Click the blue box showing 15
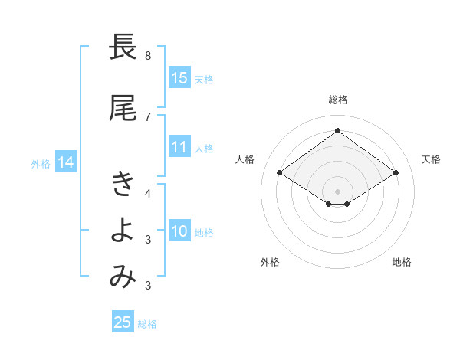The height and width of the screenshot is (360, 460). (179, 78)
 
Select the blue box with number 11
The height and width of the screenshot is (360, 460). (179, 147)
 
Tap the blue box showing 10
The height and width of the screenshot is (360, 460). (179, 232)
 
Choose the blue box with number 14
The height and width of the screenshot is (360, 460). (66, 162)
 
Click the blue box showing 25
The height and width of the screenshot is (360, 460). (123, 322)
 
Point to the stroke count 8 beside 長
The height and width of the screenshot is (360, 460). (147, 56)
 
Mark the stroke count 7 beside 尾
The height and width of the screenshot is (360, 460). (147, 116)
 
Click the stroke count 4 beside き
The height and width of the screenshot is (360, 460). (147, 192)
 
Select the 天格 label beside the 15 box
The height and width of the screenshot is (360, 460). (204, 79)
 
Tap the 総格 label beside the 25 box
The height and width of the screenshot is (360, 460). (147, 324)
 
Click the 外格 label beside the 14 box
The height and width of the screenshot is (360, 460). (41, 163)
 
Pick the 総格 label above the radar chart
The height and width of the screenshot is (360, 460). (337, 100)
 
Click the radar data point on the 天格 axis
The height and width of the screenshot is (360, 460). (396, 173)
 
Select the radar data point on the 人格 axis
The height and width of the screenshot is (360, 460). (280, 173)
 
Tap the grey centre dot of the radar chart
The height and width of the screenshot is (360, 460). (337, 191)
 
